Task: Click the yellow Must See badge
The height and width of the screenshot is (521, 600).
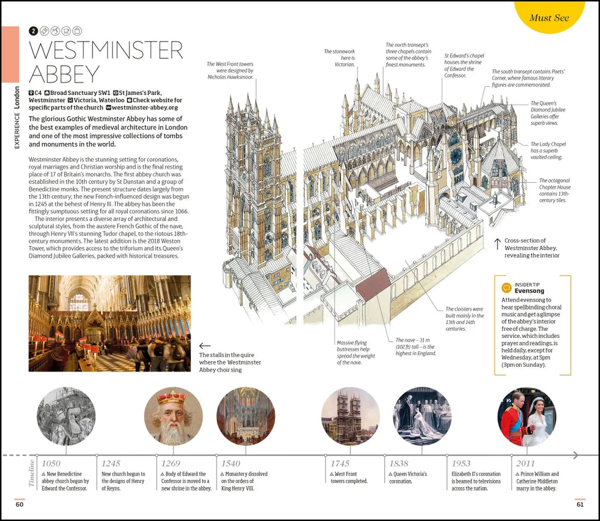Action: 549,16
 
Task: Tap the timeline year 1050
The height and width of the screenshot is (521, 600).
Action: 50,464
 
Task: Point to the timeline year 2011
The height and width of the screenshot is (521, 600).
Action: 525,464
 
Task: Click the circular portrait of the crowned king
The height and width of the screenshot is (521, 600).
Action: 173,416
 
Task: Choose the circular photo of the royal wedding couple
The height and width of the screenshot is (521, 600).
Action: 526,416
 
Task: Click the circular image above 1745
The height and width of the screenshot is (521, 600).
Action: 350,416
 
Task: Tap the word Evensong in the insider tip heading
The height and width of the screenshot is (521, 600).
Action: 529,291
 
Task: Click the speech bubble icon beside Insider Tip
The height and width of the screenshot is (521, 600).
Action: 506,288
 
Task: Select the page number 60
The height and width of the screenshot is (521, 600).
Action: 19,504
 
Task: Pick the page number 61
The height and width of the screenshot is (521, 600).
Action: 579,504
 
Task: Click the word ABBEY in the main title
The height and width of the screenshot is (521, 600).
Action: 64,74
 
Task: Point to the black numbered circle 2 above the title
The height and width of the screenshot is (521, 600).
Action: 33,30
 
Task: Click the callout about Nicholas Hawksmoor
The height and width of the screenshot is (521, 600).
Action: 230,70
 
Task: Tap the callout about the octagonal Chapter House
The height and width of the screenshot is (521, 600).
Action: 554,190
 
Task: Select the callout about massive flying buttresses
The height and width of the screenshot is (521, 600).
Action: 356,352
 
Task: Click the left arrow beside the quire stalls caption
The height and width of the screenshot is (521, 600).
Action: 204,346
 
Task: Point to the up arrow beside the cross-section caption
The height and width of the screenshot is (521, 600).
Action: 497,244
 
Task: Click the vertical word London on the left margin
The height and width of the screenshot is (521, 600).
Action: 16,100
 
